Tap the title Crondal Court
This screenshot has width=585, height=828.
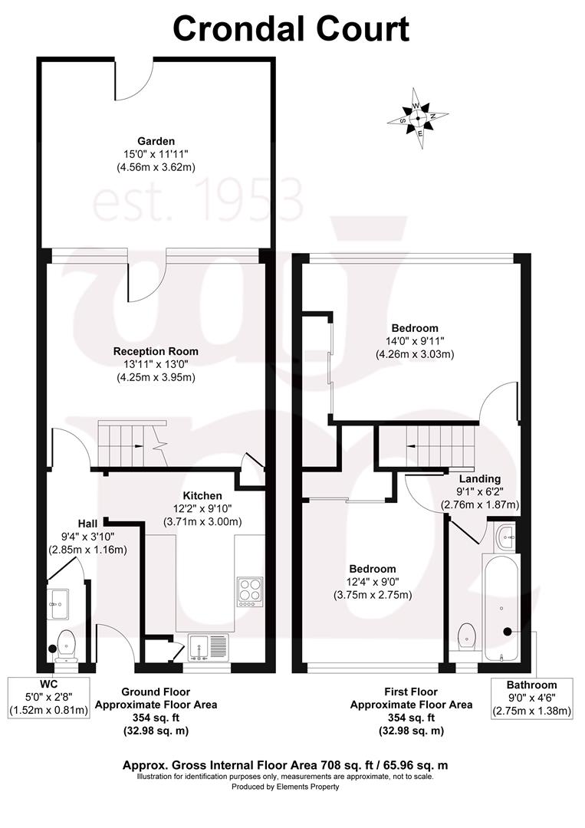[291, 29]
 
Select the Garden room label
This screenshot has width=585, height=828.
[156, 141]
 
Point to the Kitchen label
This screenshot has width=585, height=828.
[202, 496]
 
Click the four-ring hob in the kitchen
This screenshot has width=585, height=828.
[249, 591]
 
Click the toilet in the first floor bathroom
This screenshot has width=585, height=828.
[465, 637]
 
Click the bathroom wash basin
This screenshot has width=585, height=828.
[506, 536]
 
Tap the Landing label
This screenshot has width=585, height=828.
[480, 479]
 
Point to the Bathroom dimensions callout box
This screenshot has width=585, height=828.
[531, 698]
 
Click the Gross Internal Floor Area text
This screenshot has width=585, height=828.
[285, 765]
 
